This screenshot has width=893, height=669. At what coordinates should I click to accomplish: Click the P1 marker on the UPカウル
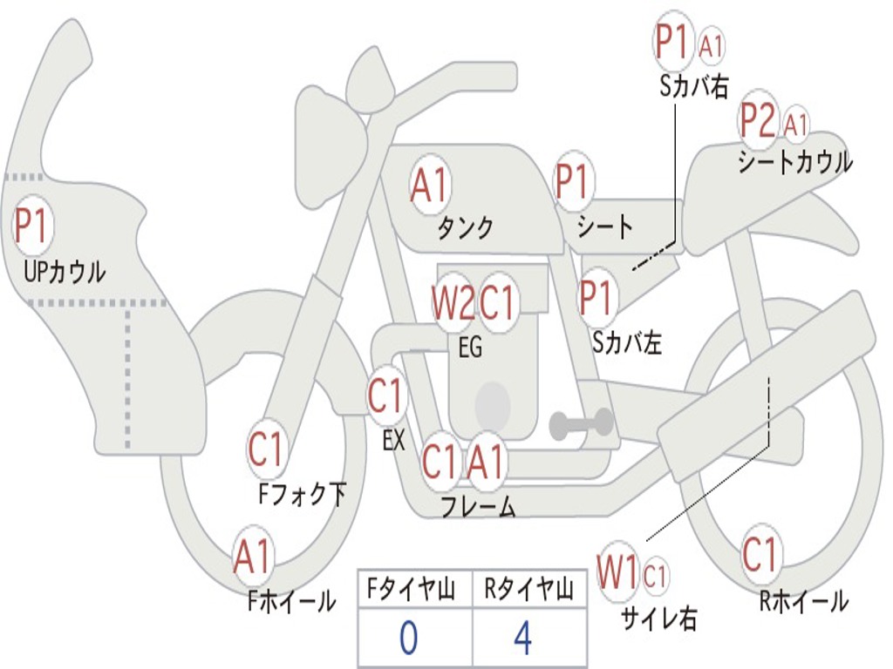click(33, 226)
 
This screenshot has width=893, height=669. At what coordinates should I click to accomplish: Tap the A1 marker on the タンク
click(429, 185)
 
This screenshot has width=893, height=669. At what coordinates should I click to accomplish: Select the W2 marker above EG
click(453, 303)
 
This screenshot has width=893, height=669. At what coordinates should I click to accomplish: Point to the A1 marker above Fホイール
click(253, 557)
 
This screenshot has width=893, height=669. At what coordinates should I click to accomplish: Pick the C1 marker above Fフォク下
click(266, 450)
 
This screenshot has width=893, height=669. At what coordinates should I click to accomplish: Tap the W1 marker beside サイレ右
click(618, 573)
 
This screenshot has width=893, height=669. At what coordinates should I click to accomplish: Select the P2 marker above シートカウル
click(758, 121)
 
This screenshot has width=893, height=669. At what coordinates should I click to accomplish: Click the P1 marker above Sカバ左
click(598, 298)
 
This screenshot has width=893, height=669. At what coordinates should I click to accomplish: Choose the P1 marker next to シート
click(573, 182)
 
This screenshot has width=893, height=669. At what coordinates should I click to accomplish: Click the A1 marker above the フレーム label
click(486, 462)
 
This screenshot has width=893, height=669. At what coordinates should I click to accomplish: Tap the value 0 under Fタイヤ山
click(409, 639)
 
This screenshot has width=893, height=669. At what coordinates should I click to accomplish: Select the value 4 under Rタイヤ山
click(522, 639)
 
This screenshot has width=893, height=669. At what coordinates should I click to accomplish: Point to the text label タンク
click(466, 228)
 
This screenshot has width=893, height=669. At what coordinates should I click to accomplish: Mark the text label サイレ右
click(659, 618)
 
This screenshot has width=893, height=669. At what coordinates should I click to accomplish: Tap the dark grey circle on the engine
click(493, 403)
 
